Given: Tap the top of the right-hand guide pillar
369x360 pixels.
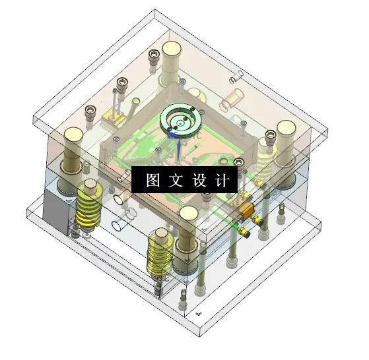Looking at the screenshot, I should [x=286, y=128].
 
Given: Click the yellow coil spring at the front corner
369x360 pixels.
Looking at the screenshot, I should [x=160, y=254].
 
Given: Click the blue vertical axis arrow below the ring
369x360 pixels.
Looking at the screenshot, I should [x=178, y=148].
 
